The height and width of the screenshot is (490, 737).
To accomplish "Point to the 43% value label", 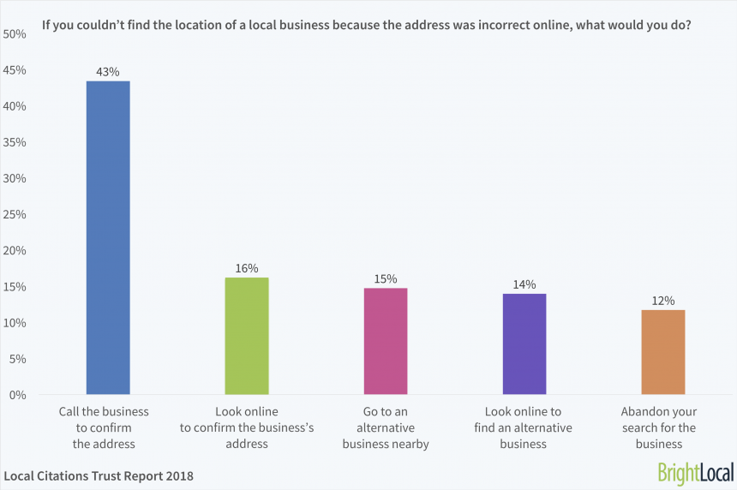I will [108, 71].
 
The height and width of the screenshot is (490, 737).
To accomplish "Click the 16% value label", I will [247, 268].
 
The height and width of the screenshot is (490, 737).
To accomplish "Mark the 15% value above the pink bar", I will [386, 279].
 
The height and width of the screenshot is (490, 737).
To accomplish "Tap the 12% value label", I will [663, 301].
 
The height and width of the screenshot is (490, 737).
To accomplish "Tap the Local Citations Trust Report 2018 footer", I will [99, 475].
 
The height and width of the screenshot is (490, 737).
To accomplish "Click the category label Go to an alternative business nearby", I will [386, 427].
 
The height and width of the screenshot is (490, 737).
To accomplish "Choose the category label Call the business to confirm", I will [104, 427].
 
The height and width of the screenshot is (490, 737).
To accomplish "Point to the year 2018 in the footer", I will [178, 475].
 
